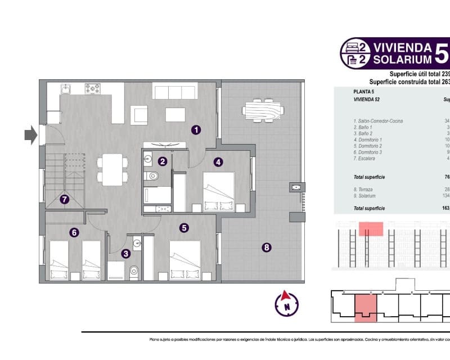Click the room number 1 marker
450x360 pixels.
pos(196,130)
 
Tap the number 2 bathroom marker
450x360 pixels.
pos(163,161)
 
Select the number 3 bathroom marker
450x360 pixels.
pos(126,254)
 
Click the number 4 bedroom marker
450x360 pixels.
pos(218,161)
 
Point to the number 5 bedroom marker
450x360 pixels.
pos(183,228)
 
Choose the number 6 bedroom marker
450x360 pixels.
pos(74,231)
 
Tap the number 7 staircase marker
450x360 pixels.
pos(65,199)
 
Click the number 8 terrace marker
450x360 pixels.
pos(267,246)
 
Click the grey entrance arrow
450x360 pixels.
pos(30,134)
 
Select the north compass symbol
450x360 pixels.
pos(286,304)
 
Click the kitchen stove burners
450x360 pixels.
pos(92,88)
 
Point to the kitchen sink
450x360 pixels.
pos(66,88)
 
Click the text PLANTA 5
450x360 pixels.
pos(364,91)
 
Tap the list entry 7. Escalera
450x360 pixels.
pos(370,159)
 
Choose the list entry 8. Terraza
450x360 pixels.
pos(368,189)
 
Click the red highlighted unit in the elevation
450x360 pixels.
pos(371,228)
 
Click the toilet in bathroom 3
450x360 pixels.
pos(133,273)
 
